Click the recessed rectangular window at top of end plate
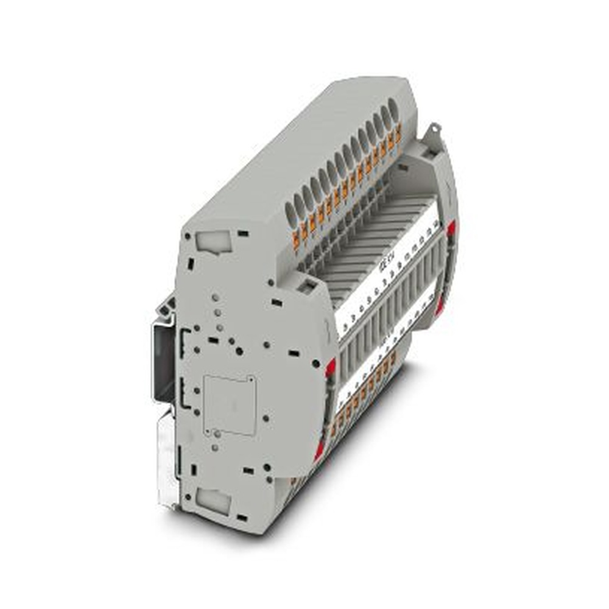pos(214,242)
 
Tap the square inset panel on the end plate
pos(229,404)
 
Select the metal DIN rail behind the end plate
pos(163,359)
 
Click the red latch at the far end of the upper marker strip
pos(451,228)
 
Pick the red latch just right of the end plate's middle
pos(331,368)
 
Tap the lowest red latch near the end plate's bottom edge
pos(319,451)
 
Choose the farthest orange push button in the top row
pos(398,135)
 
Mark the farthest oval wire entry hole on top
pos(393,111)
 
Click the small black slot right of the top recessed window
pos(243,233)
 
